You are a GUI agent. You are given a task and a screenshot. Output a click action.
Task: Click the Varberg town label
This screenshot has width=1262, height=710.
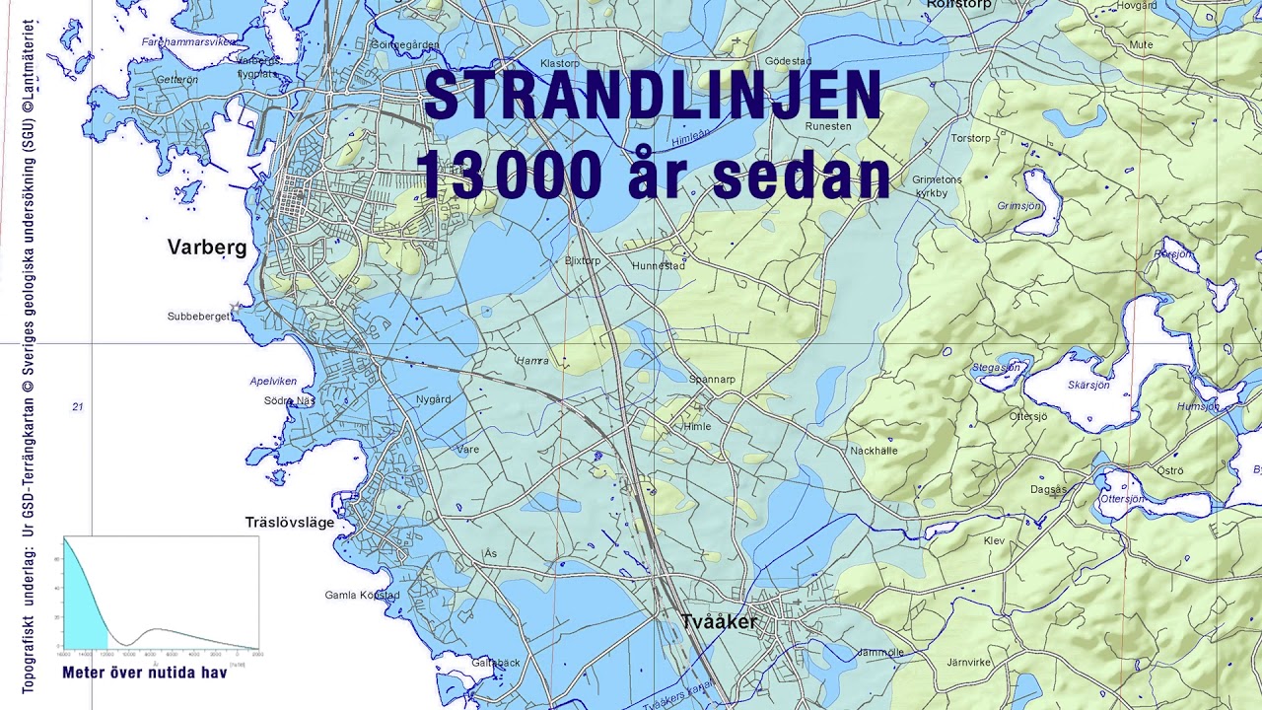click(x=207, y=248)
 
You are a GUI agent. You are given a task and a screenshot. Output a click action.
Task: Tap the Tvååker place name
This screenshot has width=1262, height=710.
click(x=720, y=622)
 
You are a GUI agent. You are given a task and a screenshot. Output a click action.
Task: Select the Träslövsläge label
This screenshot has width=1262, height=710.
click(x=290, y=522)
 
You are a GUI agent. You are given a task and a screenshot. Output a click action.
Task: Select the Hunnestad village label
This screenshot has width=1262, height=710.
click(x=659, y=266)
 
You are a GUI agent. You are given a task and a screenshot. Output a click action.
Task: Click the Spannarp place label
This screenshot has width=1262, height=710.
click(x=712, y=379)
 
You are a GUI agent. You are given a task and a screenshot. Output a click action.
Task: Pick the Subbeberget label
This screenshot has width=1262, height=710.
click(x=199, y=317)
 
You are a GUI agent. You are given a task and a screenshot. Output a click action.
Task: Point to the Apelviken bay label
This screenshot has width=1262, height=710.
click(x=273, y=381)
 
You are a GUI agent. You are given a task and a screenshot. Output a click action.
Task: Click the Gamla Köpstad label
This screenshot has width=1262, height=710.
click(x=362, y=596)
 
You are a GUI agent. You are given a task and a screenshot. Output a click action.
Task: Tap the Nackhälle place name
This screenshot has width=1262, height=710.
click(x=875, y=451)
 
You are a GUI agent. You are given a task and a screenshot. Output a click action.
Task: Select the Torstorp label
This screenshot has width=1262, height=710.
click(x=970, y=139)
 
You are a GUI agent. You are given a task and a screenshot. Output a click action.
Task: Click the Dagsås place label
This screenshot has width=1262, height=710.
click(x=1048, y=490)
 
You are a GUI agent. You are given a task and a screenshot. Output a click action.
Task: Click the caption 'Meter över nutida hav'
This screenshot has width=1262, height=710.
click(x=144, y=674)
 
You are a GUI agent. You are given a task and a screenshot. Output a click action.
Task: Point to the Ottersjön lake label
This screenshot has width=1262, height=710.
click(x=1122, y=499)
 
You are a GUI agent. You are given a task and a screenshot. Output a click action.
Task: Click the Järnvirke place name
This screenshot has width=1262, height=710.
click(x=968, y=663)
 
